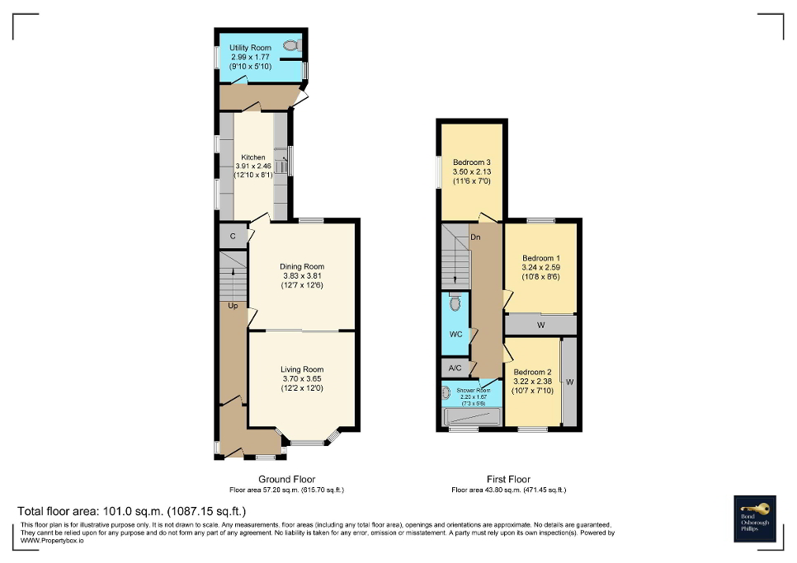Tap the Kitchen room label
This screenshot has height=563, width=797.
point(253,157)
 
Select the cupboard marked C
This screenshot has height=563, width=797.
point(233,237)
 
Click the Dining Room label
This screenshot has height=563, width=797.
point(302,266)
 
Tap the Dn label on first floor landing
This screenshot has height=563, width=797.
point(476,237)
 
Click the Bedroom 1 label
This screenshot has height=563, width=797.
point(541,257)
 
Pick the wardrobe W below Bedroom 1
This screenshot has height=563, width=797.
point(541,326)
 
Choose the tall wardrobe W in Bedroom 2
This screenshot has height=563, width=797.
point(569,382)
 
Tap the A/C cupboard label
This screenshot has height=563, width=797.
point(455,368)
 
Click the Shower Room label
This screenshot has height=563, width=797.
point(474,390)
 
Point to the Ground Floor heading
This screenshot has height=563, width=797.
point(287,479)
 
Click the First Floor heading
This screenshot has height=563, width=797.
point(509,479)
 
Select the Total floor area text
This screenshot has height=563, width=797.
point(132,511)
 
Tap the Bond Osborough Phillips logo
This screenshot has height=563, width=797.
point(757,518)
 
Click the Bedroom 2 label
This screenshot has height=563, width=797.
point(533,372)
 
